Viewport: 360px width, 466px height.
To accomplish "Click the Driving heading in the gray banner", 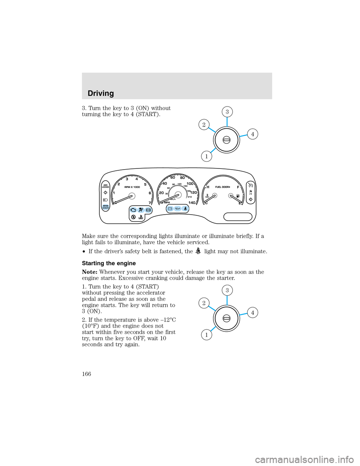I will (x=100, y=93).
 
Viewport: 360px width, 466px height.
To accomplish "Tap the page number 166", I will (x=87, y=374).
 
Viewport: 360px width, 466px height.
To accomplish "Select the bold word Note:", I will (x=90, y=272).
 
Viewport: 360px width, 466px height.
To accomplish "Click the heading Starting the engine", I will (x=109, y=263).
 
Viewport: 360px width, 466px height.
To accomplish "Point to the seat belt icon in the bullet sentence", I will (x=198, y=251).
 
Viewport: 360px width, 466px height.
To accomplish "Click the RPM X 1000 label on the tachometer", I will (x=132, y=187).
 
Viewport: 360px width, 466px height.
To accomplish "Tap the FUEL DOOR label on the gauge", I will (x=222, y=187).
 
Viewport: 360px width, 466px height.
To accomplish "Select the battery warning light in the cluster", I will (x=170, y=209).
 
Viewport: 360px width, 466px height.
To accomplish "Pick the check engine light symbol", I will (x=133, y=210).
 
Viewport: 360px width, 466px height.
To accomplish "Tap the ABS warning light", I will (x=148, y=210).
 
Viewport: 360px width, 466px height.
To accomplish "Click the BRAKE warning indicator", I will (x=106, y=207).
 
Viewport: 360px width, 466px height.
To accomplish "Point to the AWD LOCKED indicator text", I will (x=105, y=186).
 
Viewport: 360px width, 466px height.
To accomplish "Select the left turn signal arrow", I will (x=105, y=192).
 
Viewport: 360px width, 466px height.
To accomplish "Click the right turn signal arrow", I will (x=251, y=199).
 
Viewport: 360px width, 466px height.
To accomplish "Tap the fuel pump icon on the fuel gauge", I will (x=238, y=196).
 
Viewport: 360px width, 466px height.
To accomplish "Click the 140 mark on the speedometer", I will (x=192, y=203).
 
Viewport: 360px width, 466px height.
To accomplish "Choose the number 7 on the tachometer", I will (x=150, y=203).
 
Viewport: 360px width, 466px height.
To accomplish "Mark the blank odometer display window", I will (x=238, y=216).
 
